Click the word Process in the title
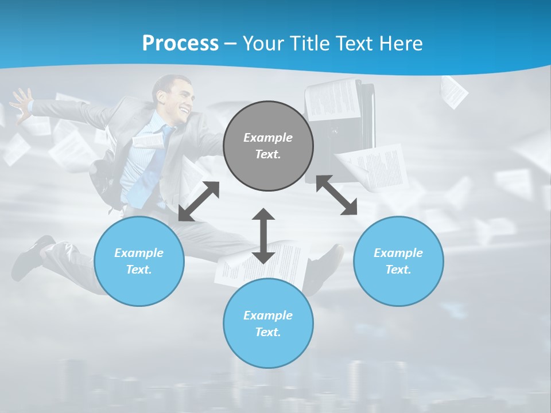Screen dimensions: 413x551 180,44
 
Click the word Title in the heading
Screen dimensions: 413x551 310,44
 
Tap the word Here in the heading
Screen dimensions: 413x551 399,44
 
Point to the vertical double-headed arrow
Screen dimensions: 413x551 263,236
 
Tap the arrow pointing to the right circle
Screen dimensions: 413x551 337,195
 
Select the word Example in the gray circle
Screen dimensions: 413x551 268,138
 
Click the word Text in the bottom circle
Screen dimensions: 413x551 267,332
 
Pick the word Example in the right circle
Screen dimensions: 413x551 398,253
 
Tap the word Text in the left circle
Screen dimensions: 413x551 139,270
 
